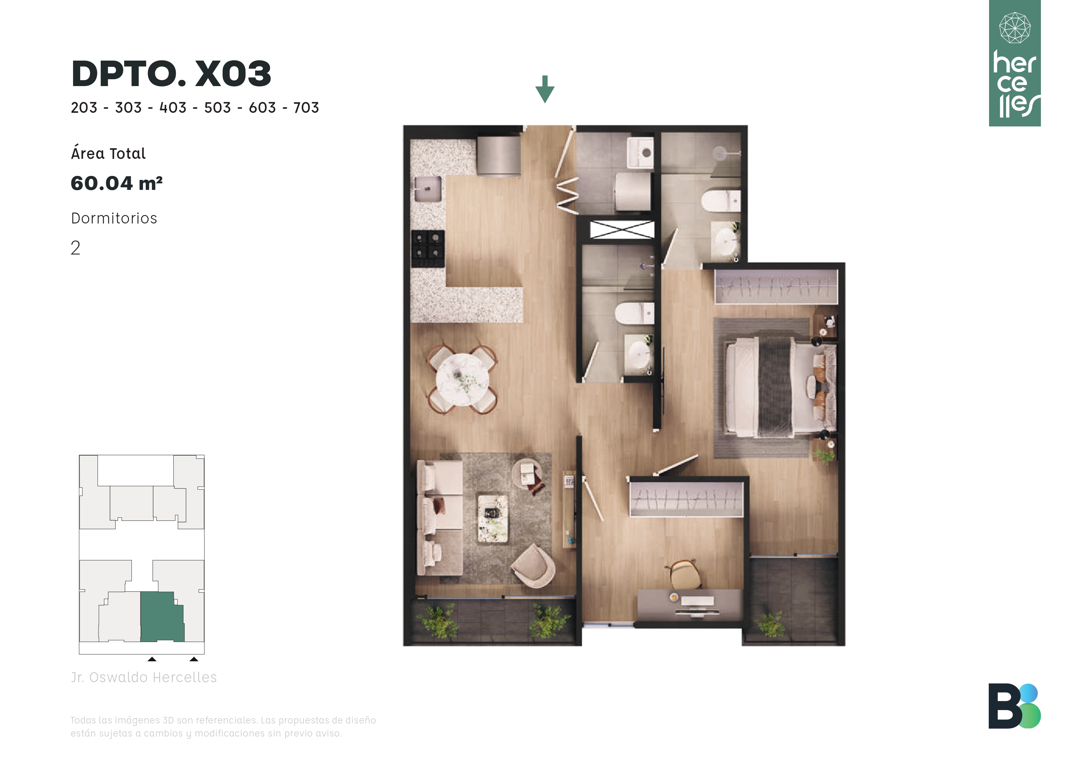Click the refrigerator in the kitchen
499,155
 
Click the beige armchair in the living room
533,566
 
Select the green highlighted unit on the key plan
162,617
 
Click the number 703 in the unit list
306,108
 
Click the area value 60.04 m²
117,183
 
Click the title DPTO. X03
172,74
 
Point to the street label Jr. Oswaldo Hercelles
144,677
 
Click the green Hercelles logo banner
1014,63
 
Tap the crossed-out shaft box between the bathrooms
622,229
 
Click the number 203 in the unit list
84,108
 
